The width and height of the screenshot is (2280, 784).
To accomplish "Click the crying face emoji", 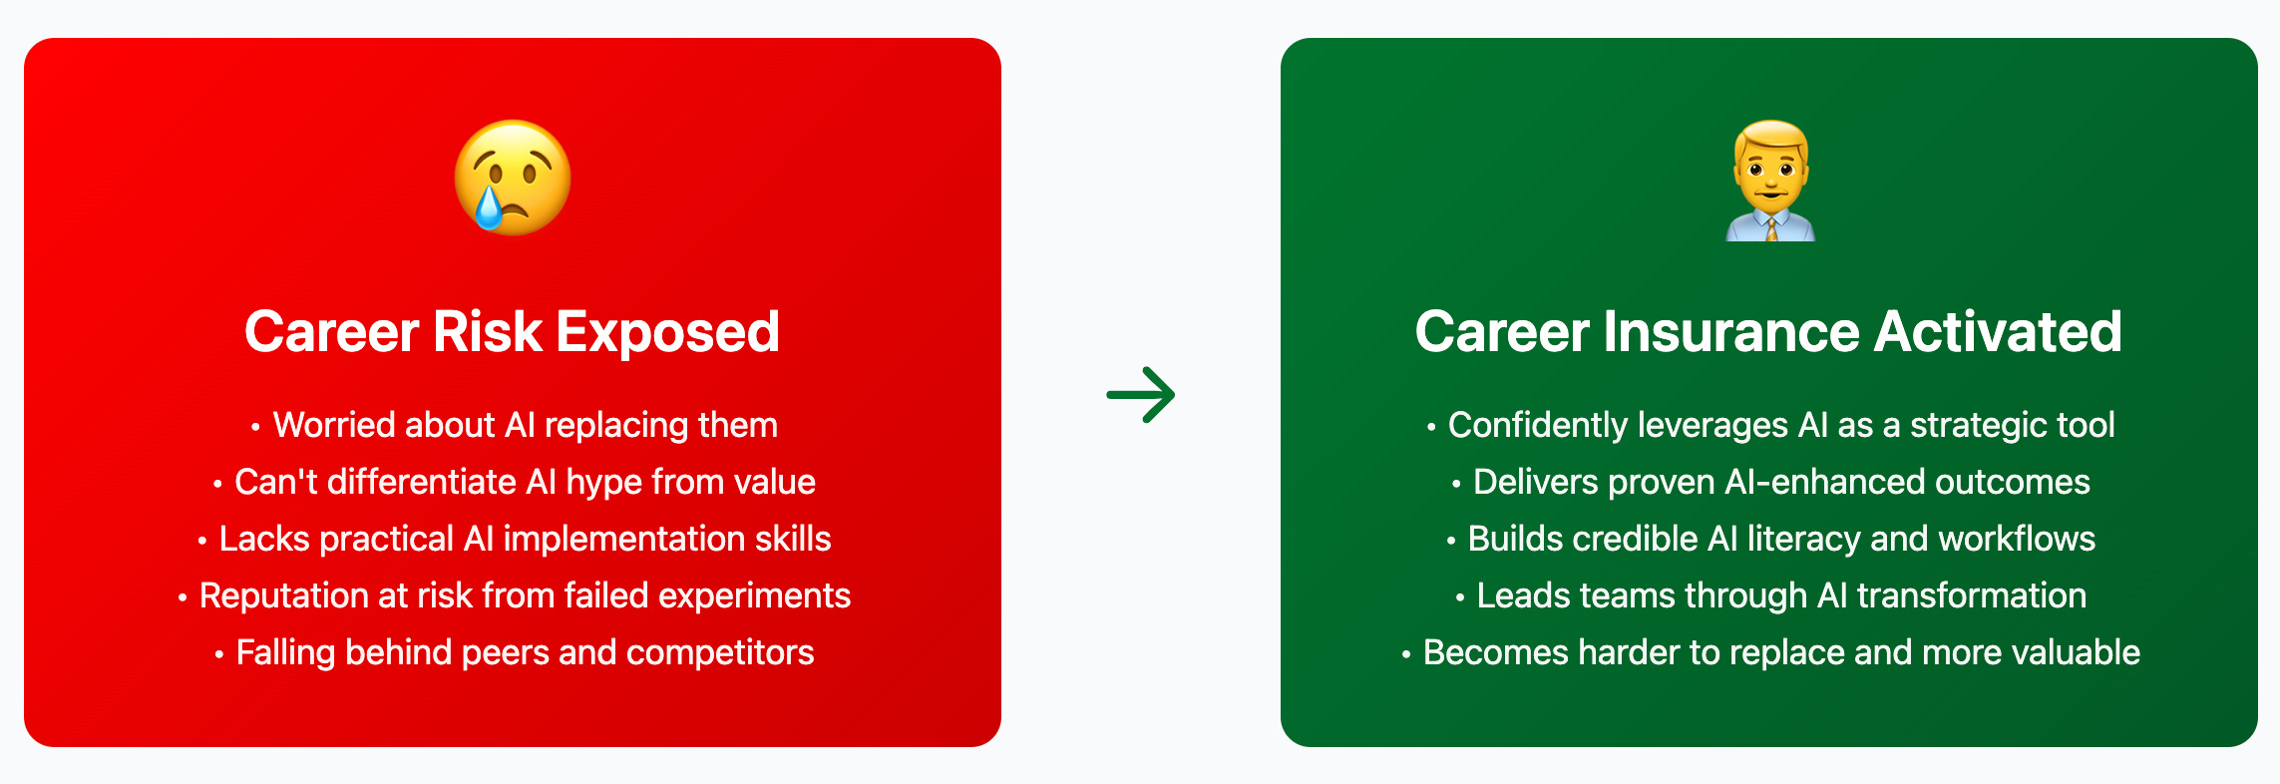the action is click(x=513, y=178).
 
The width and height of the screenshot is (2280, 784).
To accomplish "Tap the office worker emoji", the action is click(x=1770, y=181).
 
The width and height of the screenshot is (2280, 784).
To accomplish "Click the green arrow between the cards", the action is click(x=1141, y=395).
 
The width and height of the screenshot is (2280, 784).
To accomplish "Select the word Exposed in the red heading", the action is click(x=667, y=332).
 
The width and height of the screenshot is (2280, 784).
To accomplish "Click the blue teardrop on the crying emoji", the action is click(x=489, y=208).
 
